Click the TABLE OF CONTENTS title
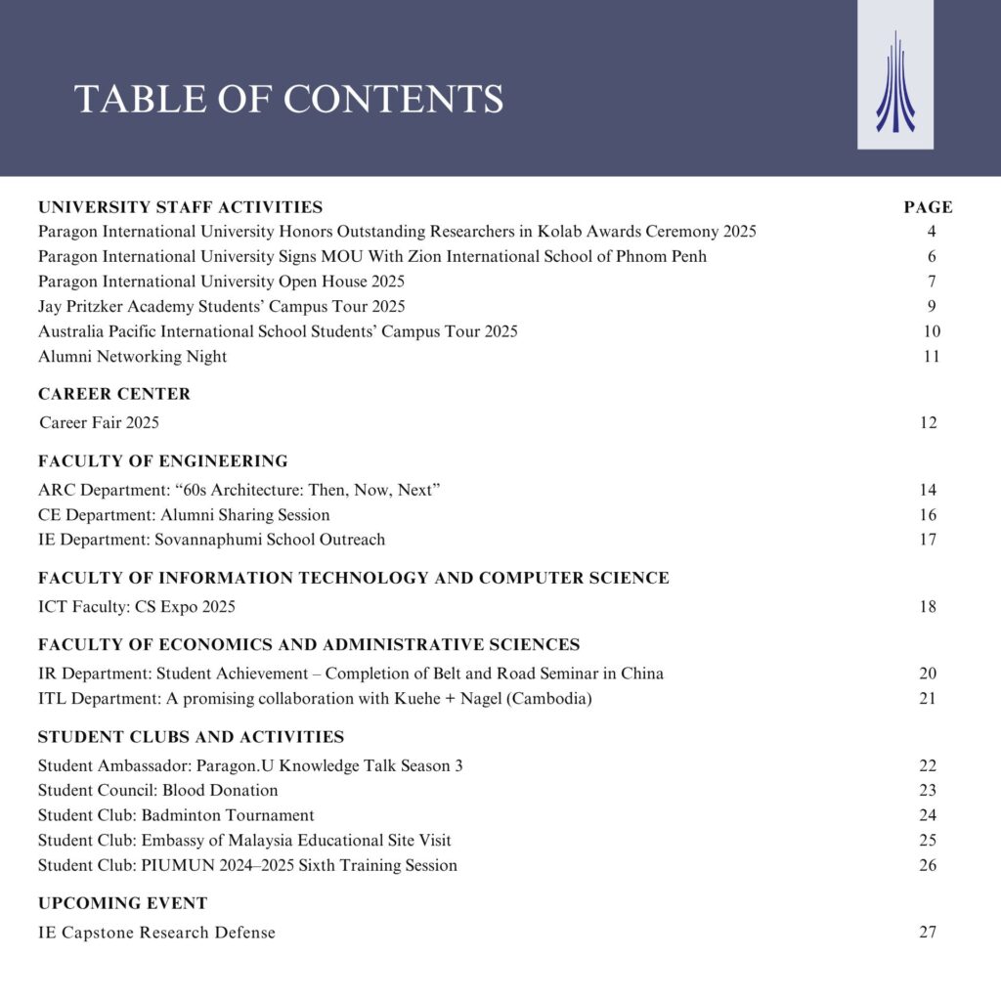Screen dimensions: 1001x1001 (x=288, y=99)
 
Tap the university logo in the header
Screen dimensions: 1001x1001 (x=894, y=83)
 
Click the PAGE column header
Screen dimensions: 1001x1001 (x=928, y=207)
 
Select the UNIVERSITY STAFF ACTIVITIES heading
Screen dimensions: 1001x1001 (x=180, y=207)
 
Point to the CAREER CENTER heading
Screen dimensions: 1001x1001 (x=114, y=394)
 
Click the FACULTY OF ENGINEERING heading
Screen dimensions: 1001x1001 (x=163, y=461)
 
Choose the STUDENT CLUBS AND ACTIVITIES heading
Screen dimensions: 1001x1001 (x=191, y=737)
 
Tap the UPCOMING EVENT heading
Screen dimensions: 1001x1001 (x=122, y=903)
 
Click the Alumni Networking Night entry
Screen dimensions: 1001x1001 (x=132, y=357)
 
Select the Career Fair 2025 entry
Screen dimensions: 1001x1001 (x=99, y=423)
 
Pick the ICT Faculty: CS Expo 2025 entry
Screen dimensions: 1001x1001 (x=137, y=607)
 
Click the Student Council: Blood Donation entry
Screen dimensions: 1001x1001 (x=157, y=790)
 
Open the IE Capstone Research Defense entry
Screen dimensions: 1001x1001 (x=156, y=933)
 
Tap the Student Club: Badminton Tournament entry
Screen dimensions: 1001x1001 (x=176, y=815)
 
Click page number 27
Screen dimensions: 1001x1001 (x=928, y=932)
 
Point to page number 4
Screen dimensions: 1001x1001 (x=932, y=232)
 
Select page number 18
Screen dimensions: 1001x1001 (x=928, y=607)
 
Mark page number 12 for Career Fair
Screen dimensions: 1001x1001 (x=928, y=423)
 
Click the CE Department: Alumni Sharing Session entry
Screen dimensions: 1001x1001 (x=184, y=515)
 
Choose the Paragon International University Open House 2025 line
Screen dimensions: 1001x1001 (x=221, y=282)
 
